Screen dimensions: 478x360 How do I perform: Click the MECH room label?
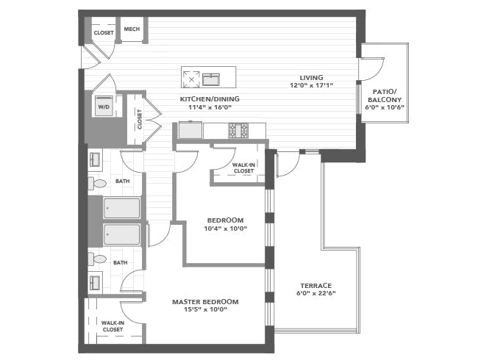click(132, 29)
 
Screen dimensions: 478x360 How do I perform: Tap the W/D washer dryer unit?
click(104, 106)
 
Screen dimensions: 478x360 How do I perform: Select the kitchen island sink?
click(210, 79)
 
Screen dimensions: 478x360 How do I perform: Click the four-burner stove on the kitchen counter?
click(239, 131)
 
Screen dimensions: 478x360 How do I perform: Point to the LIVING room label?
click(311, 78)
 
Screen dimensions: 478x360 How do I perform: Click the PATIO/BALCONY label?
click(385, 96)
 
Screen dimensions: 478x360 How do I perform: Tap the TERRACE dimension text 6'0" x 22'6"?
click(315, 294)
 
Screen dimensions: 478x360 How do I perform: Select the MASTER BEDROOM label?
click(205, 302)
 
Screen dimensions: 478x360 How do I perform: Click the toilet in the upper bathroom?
click(97, 184)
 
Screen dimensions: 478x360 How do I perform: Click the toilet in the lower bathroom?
click(97, 259)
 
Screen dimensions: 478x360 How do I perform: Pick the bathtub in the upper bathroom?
click(121, 208)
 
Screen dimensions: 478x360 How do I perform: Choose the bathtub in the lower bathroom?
click(121, 234)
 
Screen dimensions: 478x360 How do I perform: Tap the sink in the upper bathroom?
click(95, 159)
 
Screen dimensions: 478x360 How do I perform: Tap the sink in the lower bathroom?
click(95, 283)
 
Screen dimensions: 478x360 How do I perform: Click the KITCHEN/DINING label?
click(210, 99)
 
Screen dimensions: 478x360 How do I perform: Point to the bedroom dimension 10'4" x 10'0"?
click(225, 228)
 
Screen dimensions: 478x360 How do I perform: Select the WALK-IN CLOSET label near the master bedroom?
click(113, 326)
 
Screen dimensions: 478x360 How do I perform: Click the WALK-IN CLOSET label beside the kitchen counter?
click(243, 168)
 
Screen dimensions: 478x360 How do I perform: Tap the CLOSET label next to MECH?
click(104, 33)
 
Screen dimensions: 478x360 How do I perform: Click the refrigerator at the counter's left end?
click(190, 130)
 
